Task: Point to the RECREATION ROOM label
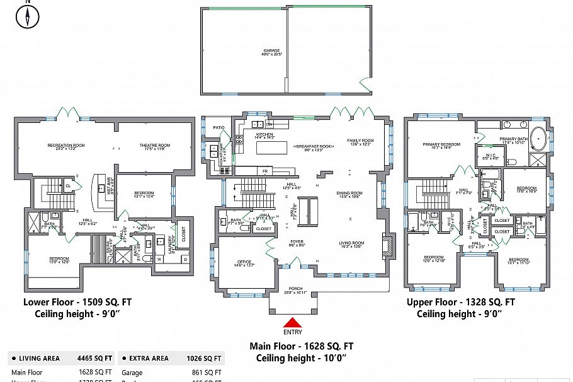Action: click(x=66, y=146)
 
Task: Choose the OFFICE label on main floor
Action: click(x=244, y=263)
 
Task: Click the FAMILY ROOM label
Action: click(x=360, y=142)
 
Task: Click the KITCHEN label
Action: click(x=264, y=135)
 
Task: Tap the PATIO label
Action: click(x=218, y=127)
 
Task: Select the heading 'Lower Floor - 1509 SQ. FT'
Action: click(x=77, y=302)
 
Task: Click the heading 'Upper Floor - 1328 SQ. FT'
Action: click(x=460, y=302)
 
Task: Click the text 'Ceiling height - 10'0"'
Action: click(x=301, y=358)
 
